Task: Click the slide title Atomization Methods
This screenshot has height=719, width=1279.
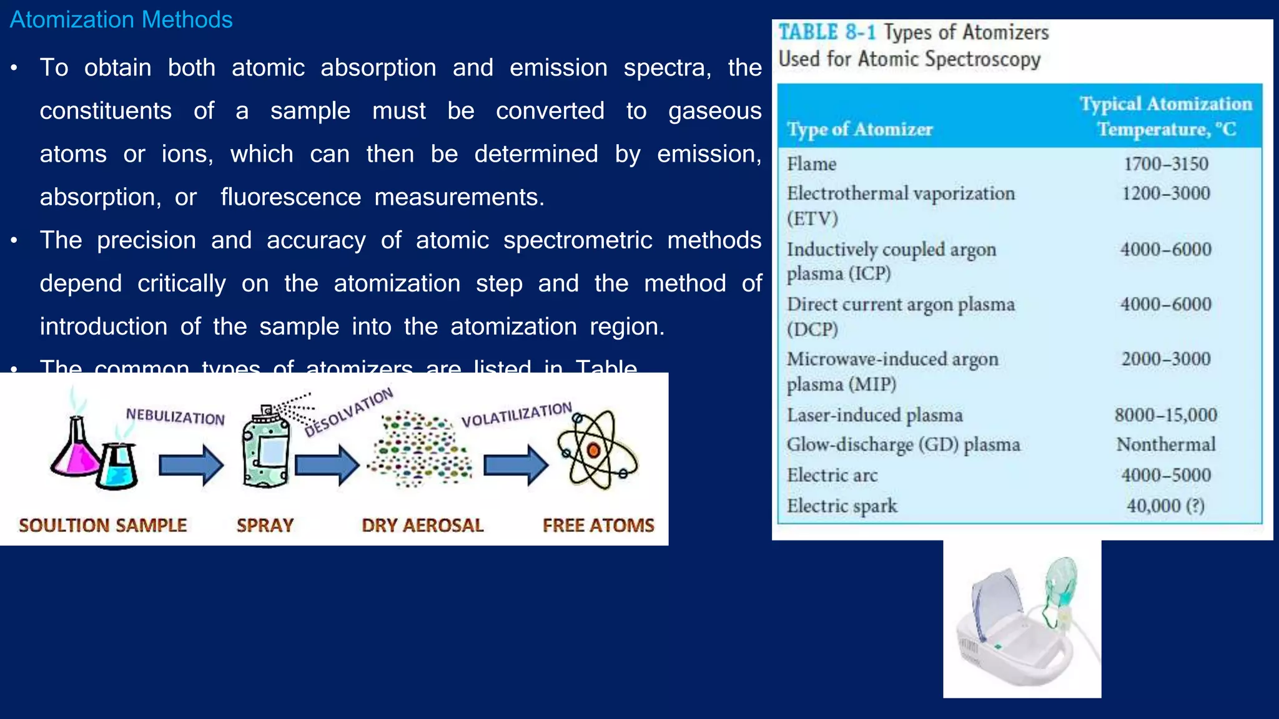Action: pyautogui.click(x=121, y=20)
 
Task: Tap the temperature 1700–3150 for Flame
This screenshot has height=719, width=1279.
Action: pyautogui.click(x=1165, y=164)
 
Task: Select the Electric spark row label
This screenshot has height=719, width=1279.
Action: pyautogui.click(x=841, y=506)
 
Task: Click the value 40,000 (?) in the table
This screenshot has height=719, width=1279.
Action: pyautogui.click(x=1165, y=506)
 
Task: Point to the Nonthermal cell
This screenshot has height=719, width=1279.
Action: pyautogui.click(x=1165, y=444)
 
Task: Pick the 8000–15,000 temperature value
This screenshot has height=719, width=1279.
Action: pyautogui.click(x=1165, y=415)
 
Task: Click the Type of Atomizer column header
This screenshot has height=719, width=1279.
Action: pyautogui.click(x=859, y=129)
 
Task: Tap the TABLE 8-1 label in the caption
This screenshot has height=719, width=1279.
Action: pyautogui.click(x=826, y=32)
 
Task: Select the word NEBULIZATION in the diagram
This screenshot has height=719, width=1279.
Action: pyautogui.click(x=175, y=417)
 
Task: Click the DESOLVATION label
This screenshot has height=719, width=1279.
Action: pyautogui.click(x=348, y=411)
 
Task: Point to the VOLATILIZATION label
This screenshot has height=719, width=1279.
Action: pyautogui.click(x=516, y=414)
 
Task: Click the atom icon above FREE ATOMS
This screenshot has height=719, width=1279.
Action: pyautogui.click(x=596, y=449)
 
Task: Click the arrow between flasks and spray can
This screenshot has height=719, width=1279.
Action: pyautogui.click(x=190, y=465)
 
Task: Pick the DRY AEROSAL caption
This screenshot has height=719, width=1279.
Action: pyautogui.click(x=422, y=526)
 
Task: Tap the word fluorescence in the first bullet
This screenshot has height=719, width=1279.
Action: pyautogui.click(x=290, y=197)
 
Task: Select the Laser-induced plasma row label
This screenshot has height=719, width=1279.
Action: pyautogui.click(x=874, y=415)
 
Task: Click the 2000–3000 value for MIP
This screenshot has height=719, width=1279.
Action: pyautogui.click(x=1165, y=359)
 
